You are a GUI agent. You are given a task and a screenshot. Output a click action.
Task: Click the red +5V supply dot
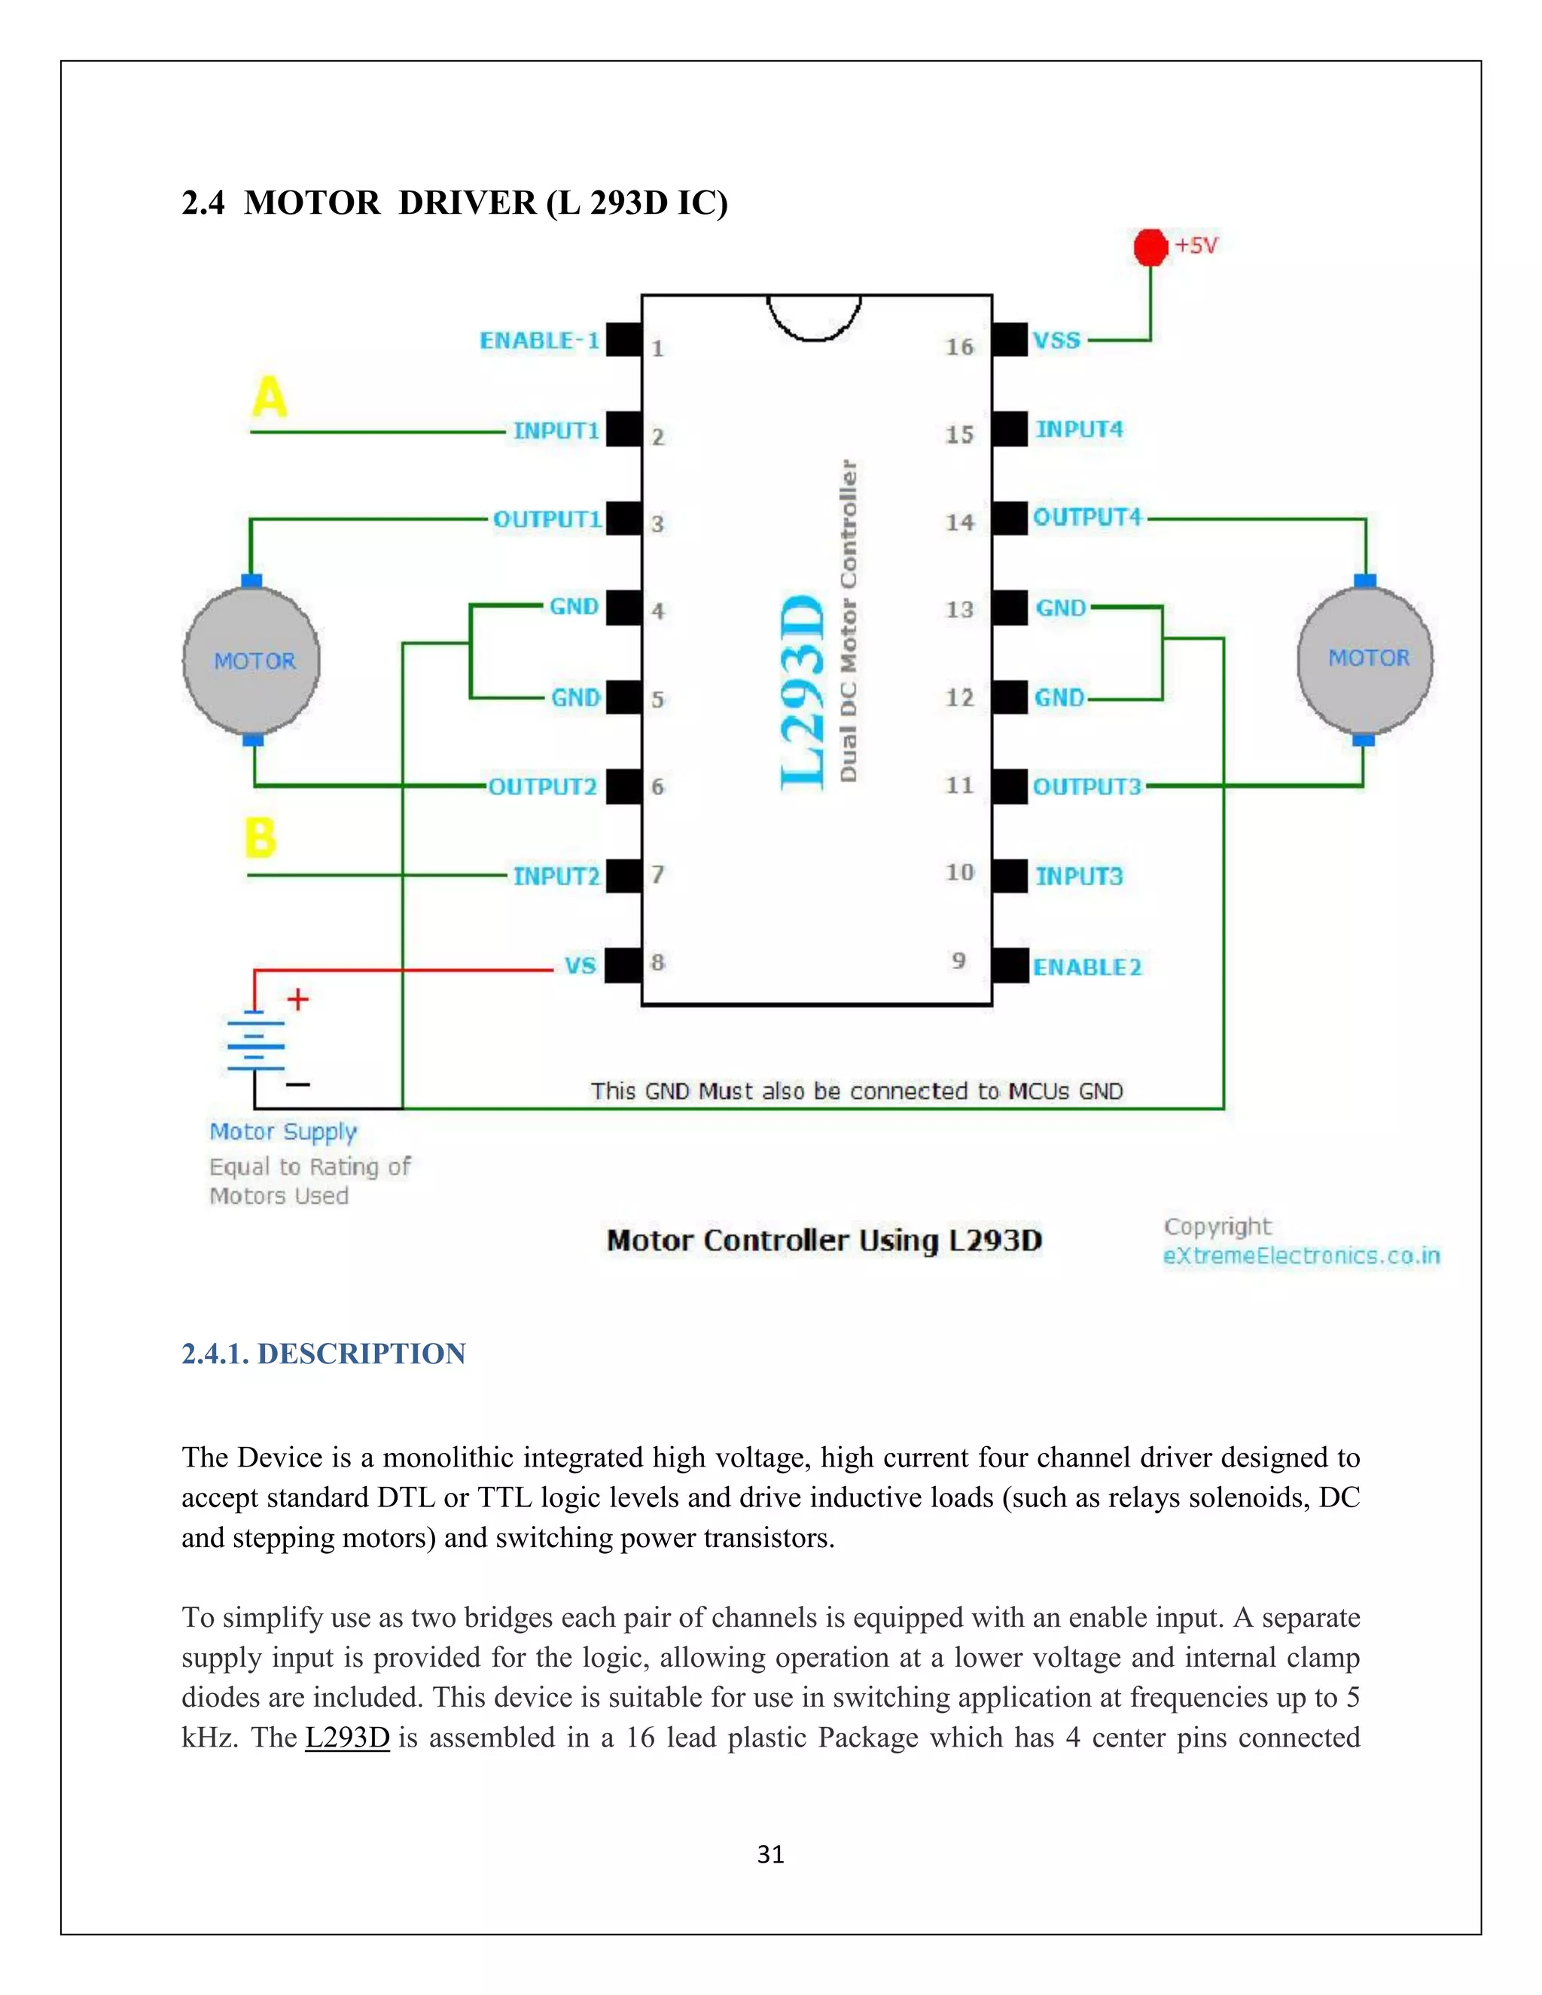tap(1150, 247)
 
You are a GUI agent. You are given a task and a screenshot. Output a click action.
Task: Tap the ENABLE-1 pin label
tap(540, 341)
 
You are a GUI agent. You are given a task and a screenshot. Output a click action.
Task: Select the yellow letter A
tap(270, 397)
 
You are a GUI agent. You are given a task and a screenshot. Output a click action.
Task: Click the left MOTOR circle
tap(252, 660)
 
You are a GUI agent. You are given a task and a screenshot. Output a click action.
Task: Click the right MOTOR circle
tap(1366, 659)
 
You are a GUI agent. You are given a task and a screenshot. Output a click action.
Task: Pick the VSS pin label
tap(1057, 341)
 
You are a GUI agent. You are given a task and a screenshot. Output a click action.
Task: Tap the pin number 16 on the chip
tap(959, 347)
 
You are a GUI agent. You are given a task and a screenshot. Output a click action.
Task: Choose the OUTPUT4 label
tap(1087, 518)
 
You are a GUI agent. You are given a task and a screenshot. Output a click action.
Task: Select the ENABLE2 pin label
tap(1087, 967)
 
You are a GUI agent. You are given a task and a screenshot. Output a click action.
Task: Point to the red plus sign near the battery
tap(298, 999)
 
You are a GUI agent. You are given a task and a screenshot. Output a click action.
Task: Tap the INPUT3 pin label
tap(1079, 877)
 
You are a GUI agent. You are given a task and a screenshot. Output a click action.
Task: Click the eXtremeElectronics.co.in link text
tap(1301, 1256)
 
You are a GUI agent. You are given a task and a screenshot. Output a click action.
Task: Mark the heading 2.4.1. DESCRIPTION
tap(323, 1354)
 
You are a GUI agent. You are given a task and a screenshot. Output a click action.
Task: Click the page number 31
tap(771, 1854)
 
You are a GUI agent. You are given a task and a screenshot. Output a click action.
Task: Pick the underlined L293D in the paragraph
tap(347, 1738)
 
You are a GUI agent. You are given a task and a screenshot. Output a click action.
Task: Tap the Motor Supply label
tap(283, 1132)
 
